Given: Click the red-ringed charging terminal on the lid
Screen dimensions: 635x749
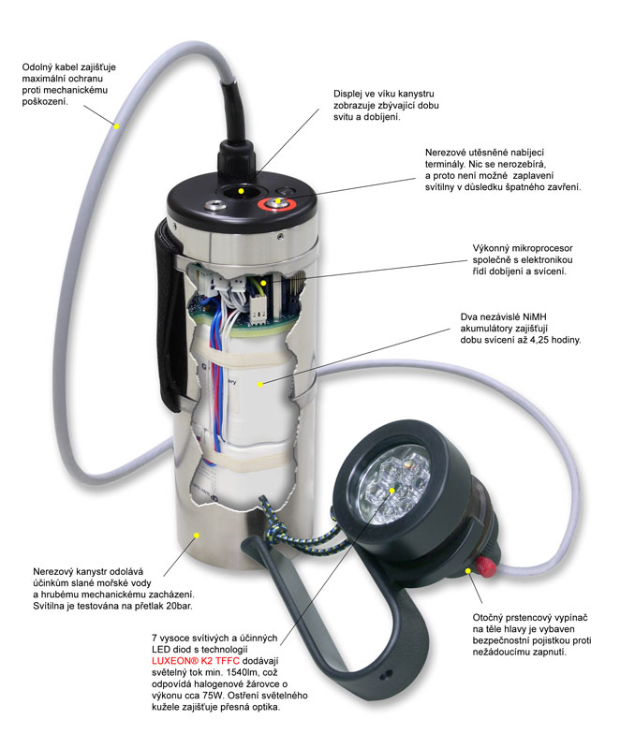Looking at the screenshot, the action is click(x=277, y=204).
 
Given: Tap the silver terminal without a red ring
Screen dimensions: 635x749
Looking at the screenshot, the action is click(x=215, y=206).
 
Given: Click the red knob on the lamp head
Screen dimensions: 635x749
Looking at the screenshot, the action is click(x=485, y=566).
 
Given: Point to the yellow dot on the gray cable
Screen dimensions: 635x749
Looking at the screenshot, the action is click(x=115, y=126).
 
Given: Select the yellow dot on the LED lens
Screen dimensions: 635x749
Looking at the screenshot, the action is click(x=391, y=490).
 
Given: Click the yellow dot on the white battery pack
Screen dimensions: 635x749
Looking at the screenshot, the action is click(x=260, y=384).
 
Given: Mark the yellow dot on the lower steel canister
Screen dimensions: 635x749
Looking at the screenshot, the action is click(x=197, y=536).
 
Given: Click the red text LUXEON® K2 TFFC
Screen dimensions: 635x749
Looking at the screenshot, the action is click(x=196, y=661).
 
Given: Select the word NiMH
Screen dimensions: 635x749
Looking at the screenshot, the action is click(x=535, y=316).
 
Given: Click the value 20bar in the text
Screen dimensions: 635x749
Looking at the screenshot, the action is click(x=178, y=606).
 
